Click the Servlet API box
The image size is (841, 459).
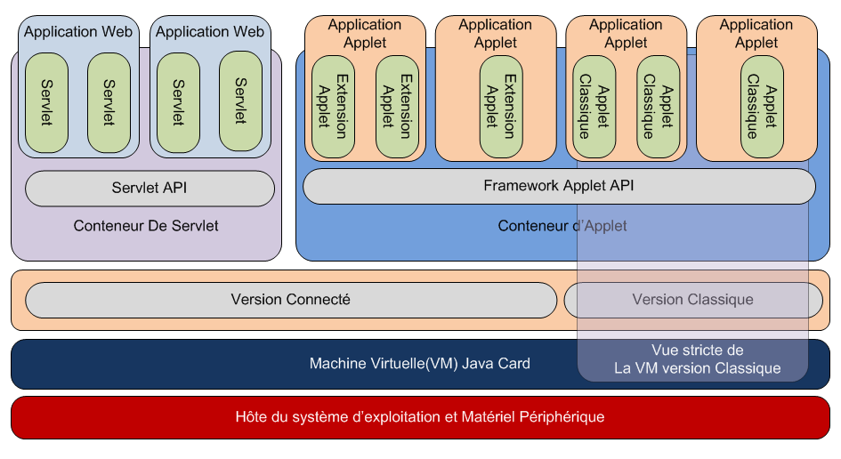point(150,189)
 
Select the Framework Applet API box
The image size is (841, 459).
point(559,187)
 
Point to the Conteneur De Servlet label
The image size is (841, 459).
point(146,226)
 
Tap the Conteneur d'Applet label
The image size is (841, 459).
point(562,226)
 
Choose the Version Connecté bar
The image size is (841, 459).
point(291,300)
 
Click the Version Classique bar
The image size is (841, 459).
point(692,300)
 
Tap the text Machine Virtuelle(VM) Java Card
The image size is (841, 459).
point(419,363)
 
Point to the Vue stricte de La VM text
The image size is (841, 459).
point(697,359)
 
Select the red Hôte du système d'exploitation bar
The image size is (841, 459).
point(420,416)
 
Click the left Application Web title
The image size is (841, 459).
point(78,32)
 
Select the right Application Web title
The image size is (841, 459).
point(210,32)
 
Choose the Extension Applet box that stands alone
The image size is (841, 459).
point(501,107)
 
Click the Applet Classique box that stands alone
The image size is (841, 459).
point(762,107)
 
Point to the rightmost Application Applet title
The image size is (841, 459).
point(756,34)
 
